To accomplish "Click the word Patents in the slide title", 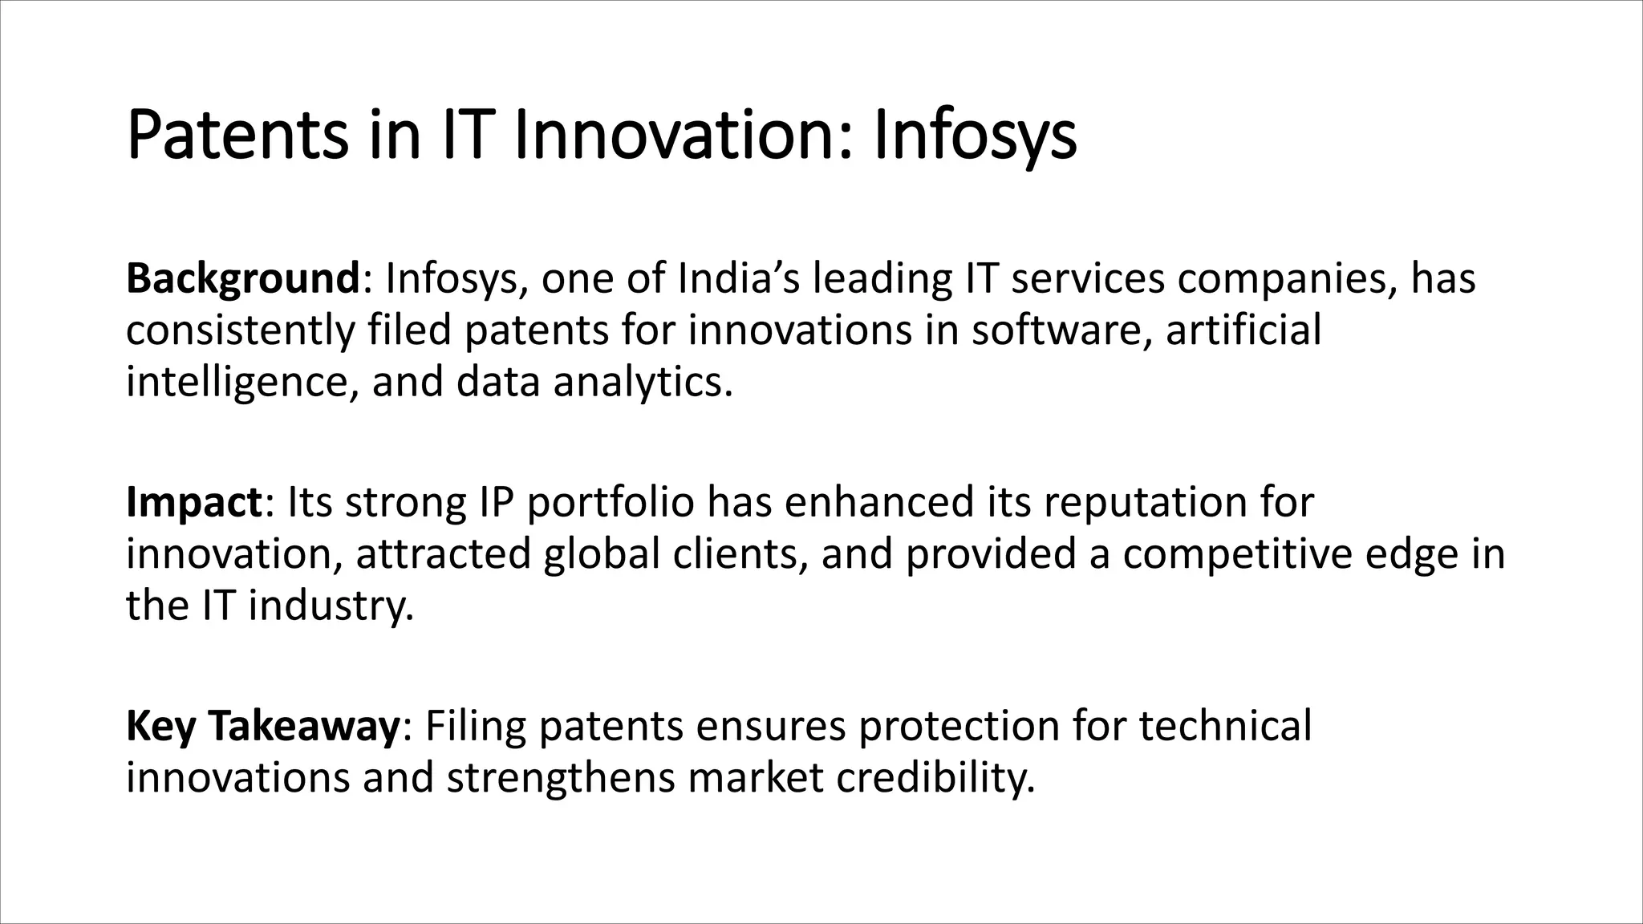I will [237, 136].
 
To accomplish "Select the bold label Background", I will [242, 280].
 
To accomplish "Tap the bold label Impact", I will [193, 503].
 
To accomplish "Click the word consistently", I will [240, 330].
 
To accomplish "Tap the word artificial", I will [1243, 330].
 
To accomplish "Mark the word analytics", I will [642, 382].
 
